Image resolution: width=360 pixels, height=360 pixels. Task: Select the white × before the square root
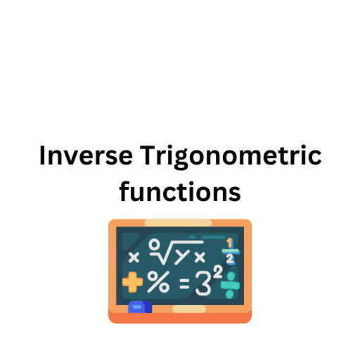pos(134,256)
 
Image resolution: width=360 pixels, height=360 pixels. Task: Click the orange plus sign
pos(132,283)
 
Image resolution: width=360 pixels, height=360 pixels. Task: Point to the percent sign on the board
pos(158,283)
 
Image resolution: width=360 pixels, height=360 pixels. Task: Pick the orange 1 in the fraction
pos(229,243)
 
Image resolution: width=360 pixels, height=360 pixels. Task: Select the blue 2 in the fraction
pos(229,259)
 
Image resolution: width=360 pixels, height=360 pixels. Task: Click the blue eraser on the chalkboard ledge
pos(140,307)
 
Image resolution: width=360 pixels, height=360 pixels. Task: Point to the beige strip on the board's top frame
pos(178,223)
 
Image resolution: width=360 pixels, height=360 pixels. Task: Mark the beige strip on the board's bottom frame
pos(189,309)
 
